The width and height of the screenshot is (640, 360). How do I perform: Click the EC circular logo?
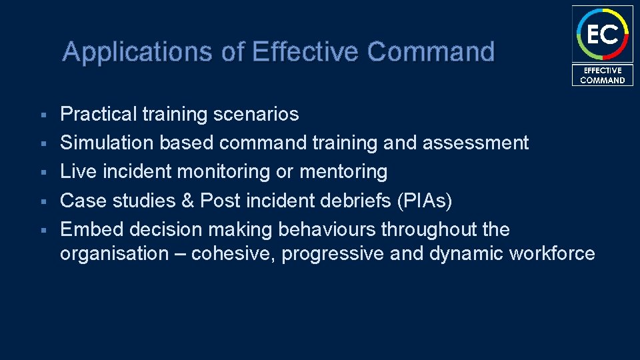click(602, 34)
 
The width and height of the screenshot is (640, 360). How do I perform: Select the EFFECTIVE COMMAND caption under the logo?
click(602, 75)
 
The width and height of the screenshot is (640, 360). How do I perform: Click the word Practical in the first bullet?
click(98, 115)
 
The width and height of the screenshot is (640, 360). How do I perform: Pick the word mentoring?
click(343, 172)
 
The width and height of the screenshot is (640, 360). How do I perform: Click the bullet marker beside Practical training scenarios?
click(42, 115)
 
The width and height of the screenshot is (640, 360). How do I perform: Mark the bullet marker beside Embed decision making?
click(42, 230)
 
